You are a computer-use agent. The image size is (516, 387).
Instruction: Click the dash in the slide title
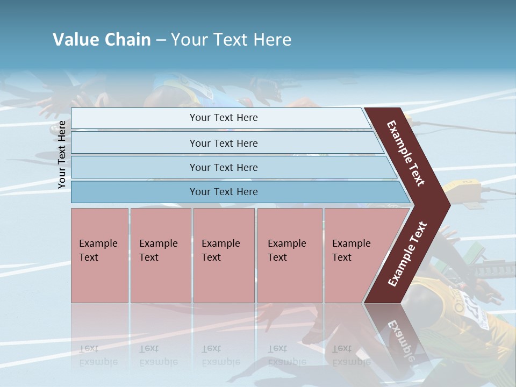point(161,40)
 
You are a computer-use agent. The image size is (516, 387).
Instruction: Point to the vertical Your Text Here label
point(62,154)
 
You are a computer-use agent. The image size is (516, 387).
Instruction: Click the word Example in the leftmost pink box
point(98,243)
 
